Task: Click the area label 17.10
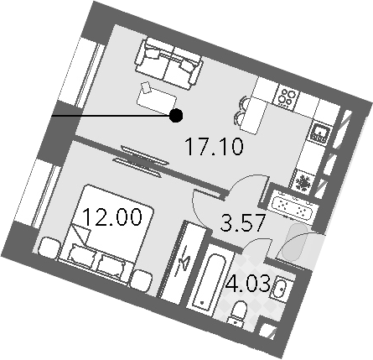[x=215, y=147]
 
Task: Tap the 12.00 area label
[x=112, y=217]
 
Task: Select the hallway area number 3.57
[x=242, y=222]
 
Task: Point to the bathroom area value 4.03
[x=248, y=284]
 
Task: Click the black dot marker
[x=176, y=115]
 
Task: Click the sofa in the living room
[x=168, y=63]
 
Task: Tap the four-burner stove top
[x=288, y=97]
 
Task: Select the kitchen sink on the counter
[x=320, y=133]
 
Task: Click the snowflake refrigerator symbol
[x=303, y=183]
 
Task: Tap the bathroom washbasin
[x=282, y=287]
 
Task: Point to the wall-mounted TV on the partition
[x=141, y=162]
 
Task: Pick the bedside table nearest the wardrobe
[x=142, y=280]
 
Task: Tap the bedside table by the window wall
[x=49, y=248]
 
